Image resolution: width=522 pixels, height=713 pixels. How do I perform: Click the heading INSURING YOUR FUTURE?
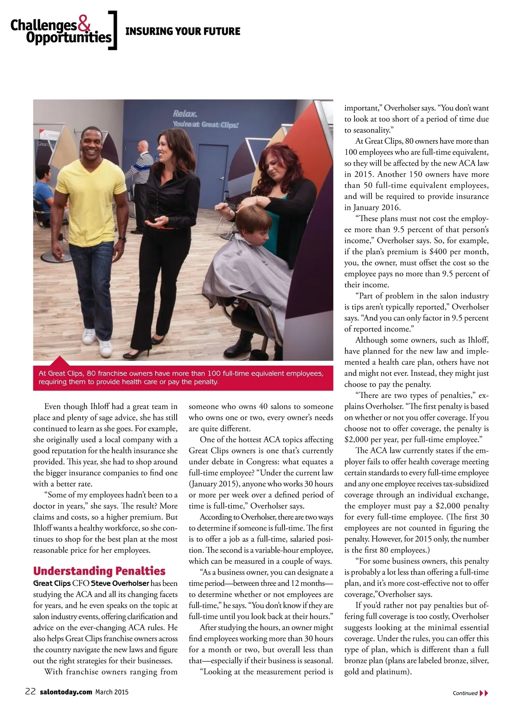click(183, 31)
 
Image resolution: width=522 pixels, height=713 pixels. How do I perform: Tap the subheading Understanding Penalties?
click(99, 571)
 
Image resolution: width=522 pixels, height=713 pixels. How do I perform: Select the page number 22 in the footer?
click(30, 692)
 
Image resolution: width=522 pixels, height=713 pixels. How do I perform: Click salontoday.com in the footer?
click(66, 692)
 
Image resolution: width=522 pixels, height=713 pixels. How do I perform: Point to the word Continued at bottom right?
click(465, 693)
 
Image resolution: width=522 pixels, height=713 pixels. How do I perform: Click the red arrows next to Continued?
click(484, 693)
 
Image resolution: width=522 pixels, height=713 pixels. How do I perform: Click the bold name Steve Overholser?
click(120, 583)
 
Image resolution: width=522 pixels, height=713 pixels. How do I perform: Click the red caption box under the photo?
click(183, 378)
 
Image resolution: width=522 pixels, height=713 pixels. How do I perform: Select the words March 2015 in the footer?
click(112, 692)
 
